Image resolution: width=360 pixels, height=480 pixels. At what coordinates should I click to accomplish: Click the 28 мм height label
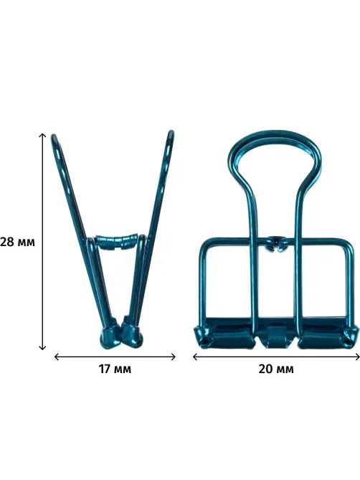coord(17,242)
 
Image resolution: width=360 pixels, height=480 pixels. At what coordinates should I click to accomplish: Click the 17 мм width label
coord(115,369)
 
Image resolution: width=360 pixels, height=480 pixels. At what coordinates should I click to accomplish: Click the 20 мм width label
coord(276,369)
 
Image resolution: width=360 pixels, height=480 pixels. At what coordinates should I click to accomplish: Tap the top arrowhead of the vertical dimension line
coord(42,135)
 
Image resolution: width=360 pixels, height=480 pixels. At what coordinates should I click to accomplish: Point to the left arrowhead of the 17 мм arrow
coord(56,357)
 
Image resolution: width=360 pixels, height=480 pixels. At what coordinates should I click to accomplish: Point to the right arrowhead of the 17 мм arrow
coord(174,357)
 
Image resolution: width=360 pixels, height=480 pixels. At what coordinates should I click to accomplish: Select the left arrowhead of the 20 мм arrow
coord(195,357)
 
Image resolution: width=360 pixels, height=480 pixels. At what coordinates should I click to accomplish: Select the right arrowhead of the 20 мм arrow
coord(358,357)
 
